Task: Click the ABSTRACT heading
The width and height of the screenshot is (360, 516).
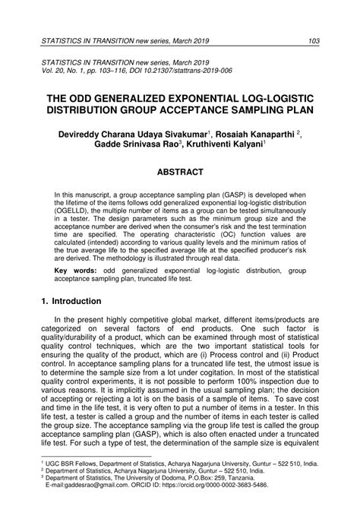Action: click(180, 173)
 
